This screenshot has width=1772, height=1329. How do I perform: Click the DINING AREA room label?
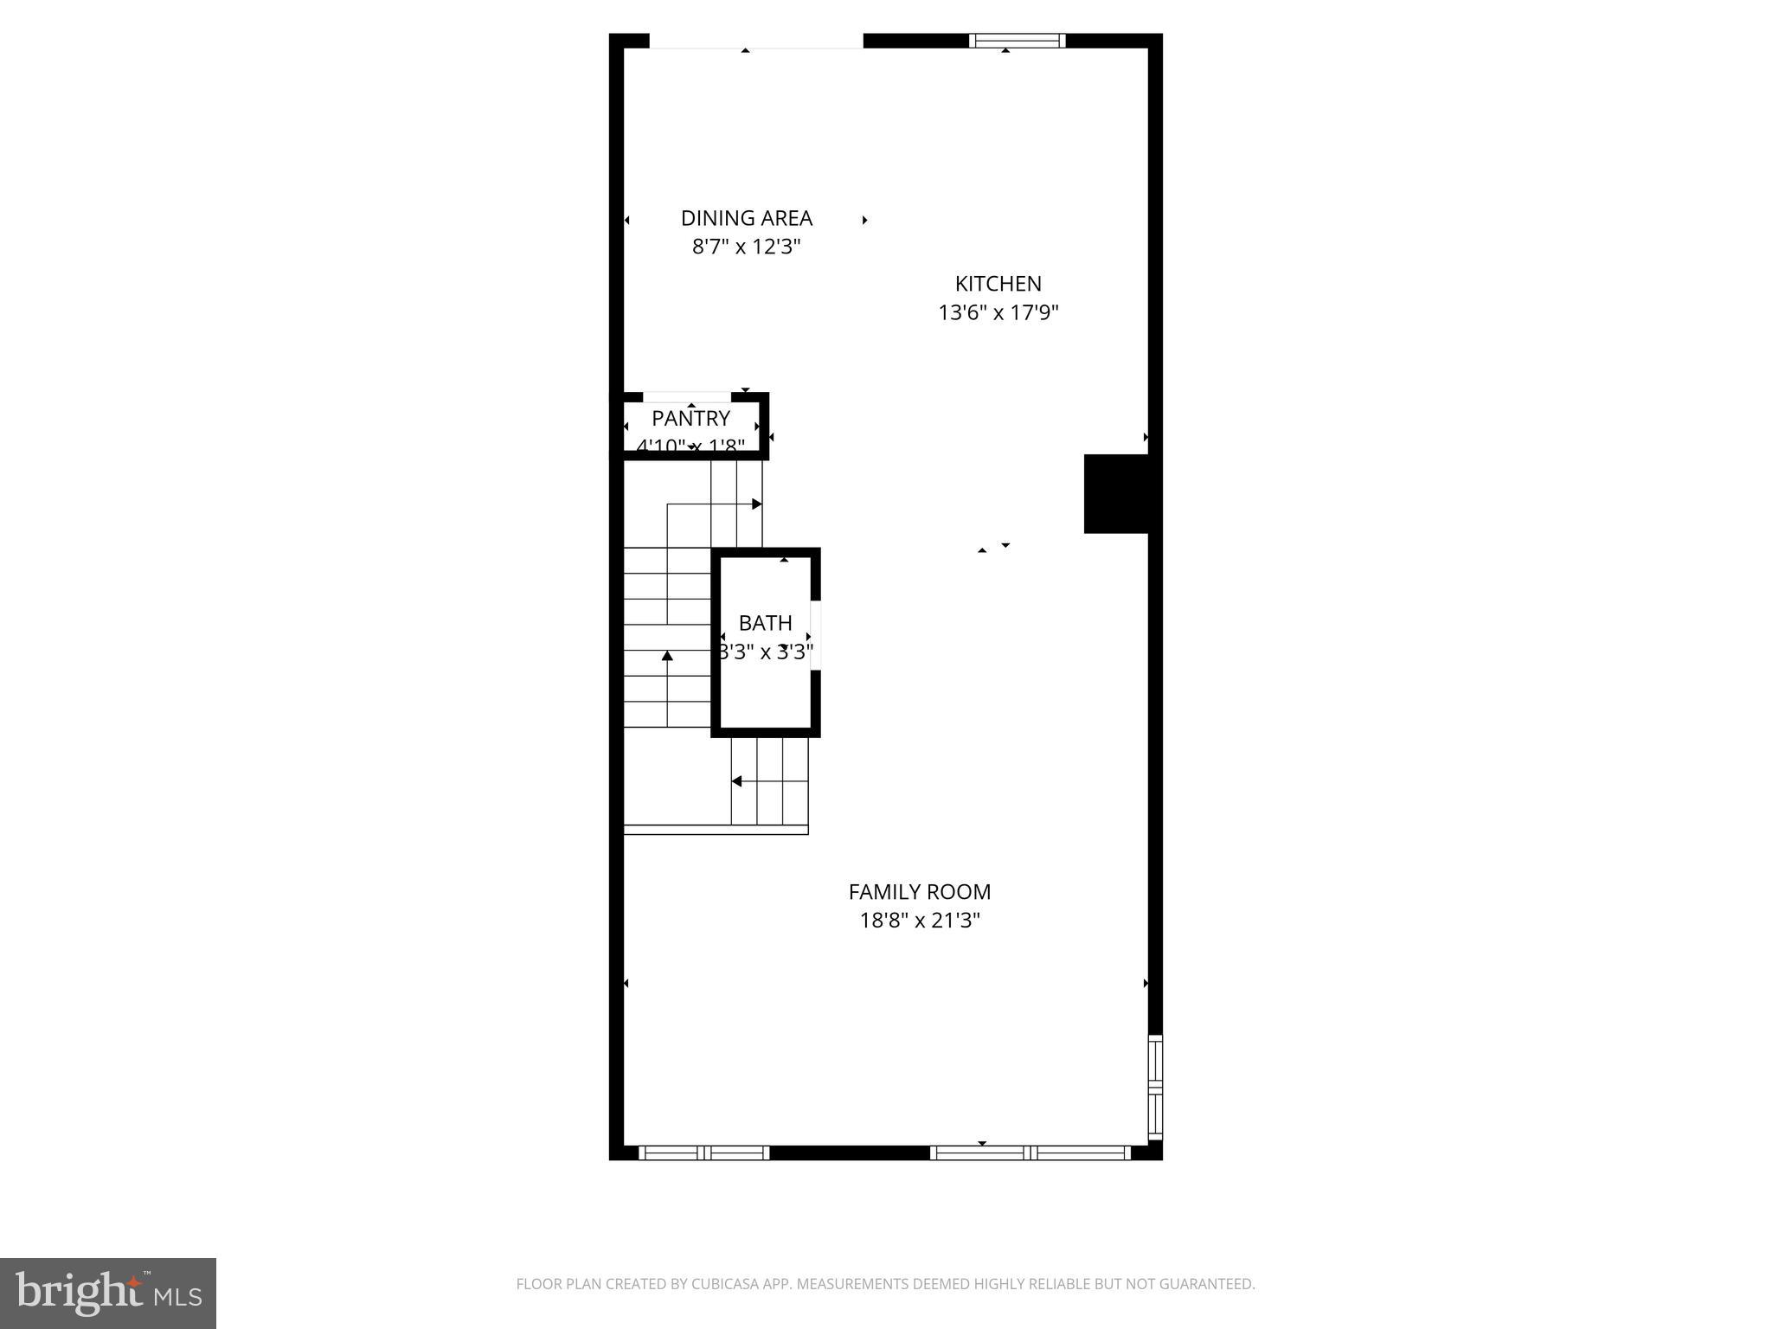click(746, 218)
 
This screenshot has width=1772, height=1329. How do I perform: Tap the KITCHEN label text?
click(998, 284)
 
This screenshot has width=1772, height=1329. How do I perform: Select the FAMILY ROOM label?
click(919, 892)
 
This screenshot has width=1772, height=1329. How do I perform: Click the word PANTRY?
click(690, 419)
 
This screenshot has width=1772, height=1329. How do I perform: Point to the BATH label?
click(765, 623)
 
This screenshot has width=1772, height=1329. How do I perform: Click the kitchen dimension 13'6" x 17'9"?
click(998, 312)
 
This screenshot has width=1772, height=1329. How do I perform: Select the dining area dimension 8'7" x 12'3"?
click(746, 247)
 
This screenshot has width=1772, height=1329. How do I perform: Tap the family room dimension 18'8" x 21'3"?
click(919, 920)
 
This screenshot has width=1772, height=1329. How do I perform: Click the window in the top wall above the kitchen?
click(1017, 41)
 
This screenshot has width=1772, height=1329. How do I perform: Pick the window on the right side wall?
click(1155, 1087)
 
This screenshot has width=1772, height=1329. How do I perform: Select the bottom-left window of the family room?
click(703, 1152)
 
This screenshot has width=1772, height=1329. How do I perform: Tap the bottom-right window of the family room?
click(1030, 1152)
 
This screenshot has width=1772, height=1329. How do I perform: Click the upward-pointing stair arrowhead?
click(667, 656)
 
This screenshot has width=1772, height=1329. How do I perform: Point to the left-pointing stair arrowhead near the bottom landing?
click(736, 781)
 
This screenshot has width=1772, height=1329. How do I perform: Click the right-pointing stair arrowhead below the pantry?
click(757, 504)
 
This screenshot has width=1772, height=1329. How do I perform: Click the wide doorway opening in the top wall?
click(756, 41)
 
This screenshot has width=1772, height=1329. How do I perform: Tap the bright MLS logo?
click(108, 1294)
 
